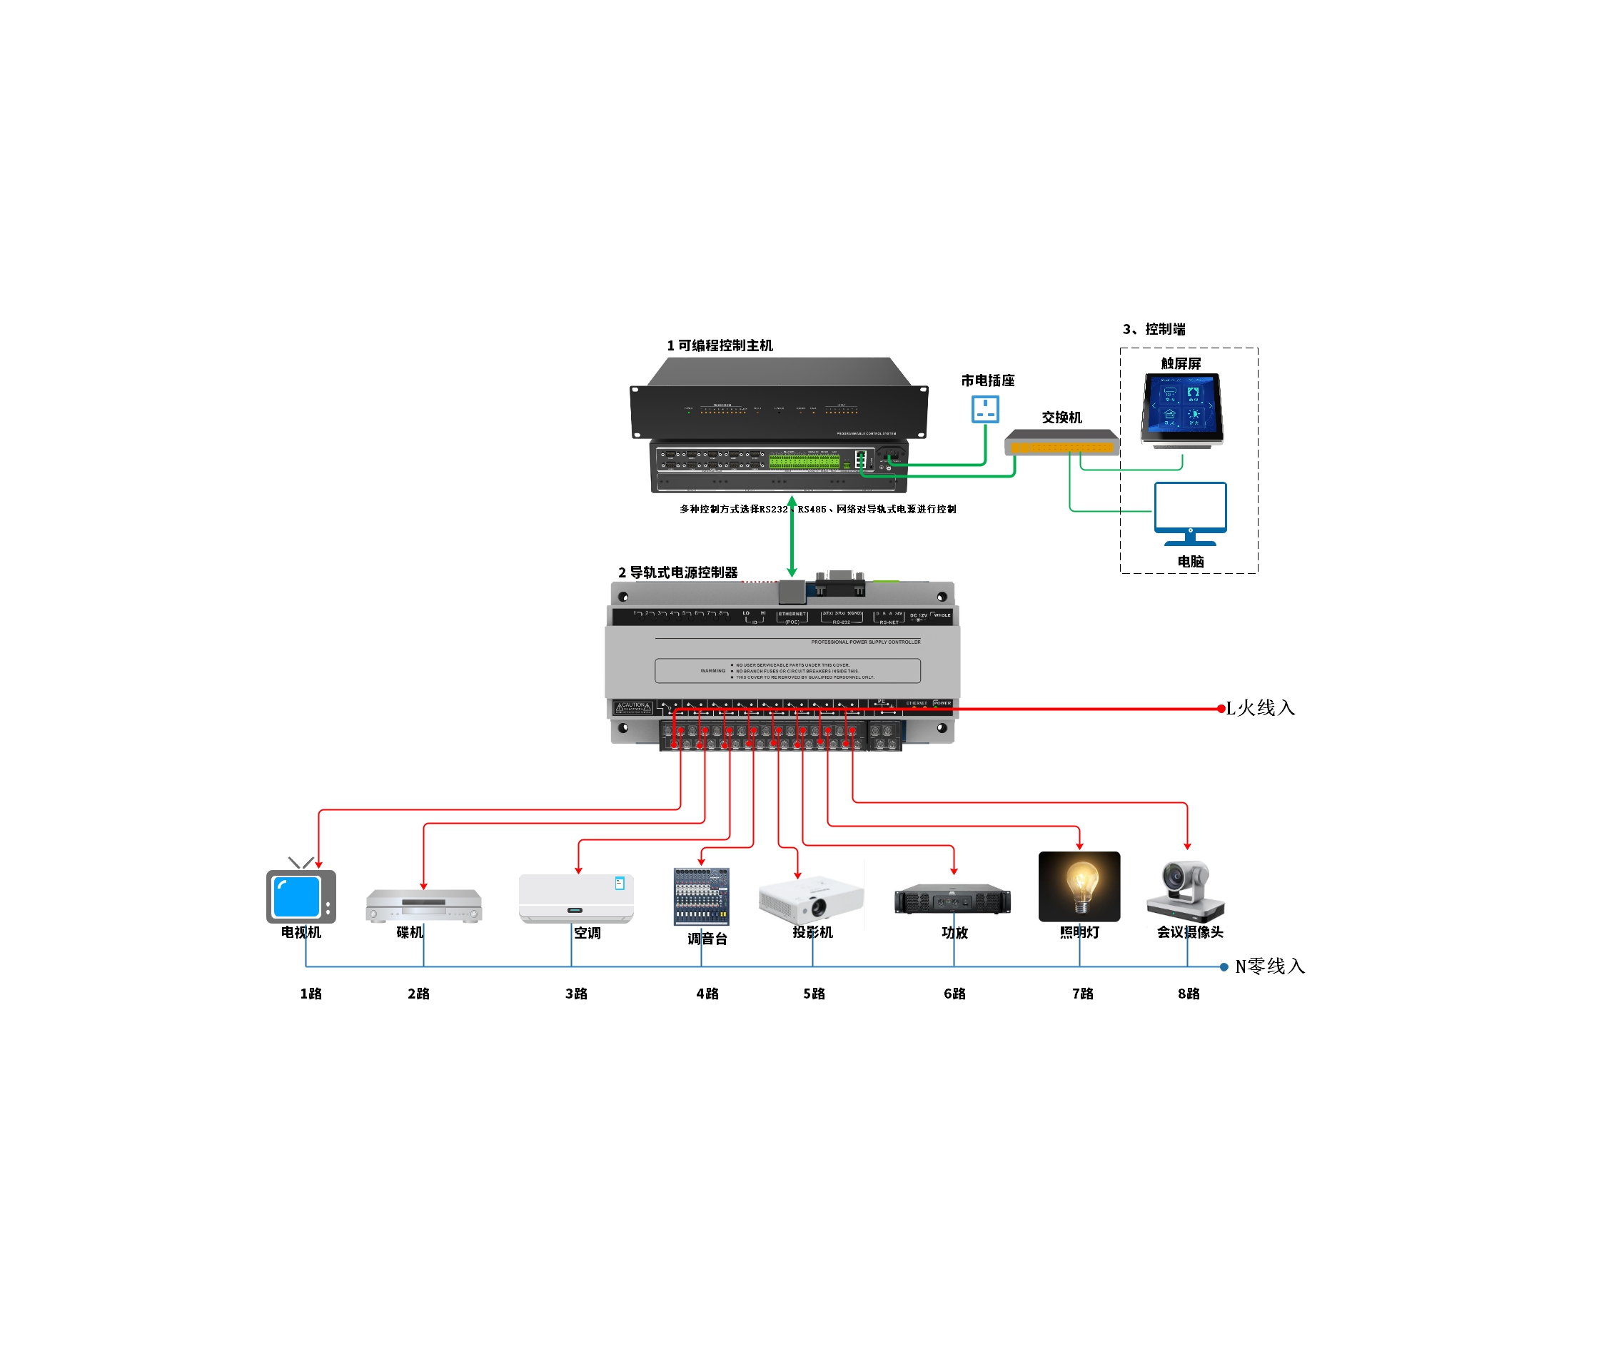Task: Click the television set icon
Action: coord(301,896)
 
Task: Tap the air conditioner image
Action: coord(576,898)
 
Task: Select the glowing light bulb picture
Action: coord(1079,886)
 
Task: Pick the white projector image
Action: coord(811,899)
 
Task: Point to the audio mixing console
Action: coord(701,896)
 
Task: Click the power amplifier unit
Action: coord(952,899)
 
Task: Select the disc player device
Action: coord(423,905)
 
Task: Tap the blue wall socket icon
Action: coord(984,408)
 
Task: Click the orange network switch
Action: coord(1061,443)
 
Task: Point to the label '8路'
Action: coord(1188,994)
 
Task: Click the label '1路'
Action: coord(311,994)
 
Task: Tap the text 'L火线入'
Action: coord(1260,707)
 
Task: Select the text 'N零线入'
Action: coord(1269,966)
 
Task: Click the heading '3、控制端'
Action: coord(1154,329)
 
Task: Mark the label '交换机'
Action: coord(1061,417)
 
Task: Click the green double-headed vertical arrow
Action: coord(792,537)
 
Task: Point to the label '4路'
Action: coord(707,994)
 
